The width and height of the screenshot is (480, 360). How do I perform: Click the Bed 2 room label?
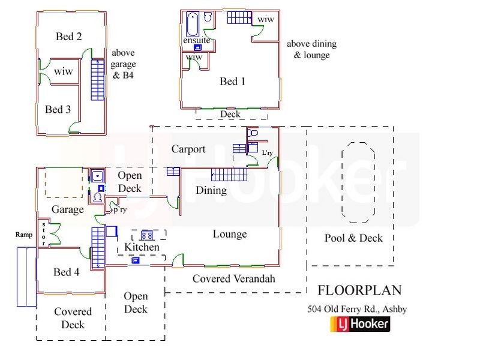[x=68, y=37]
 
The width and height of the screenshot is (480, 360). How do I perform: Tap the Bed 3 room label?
[x=58, y=109]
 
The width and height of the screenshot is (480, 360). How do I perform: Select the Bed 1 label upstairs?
[x=232, y=81]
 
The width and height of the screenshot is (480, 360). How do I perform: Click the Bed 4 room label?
[x=66, y=272]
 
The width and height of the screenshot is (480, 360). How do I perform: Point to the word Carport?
[x=188, y=149]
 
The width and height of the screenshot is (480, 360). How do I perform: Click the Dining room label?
[x=211, y=190]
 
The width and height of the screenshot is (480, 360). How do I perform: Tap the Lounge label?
[x=229, y=233]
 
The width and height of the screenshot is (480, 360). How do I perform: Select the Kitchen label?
[x=142, y=247]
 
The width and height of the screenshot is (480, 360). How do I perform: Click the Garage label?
[x=67, y=209]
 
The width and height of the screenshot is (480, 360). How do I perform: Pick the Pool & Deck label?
[x=353, y=238]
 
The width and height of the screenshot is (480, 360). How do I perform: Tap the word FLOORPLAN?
[x=358, y=291]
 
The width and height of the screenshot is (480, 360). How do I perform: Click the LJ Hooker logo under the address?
[x=360, y=325]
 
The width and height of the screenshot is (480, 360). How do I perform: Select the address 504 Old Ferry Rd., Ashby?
[x=356, y=310]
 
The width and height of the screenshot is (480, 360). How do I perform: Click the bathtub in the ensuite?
[x=192, y=24]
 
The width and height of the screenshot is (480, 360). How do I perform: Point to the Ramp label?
[x=23, y=235]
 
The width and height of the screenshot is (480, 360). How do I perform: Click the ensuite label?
[x=196, y=41]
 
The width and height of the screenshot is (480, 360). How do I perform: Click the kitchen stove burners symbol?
[x=148, y=235]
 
